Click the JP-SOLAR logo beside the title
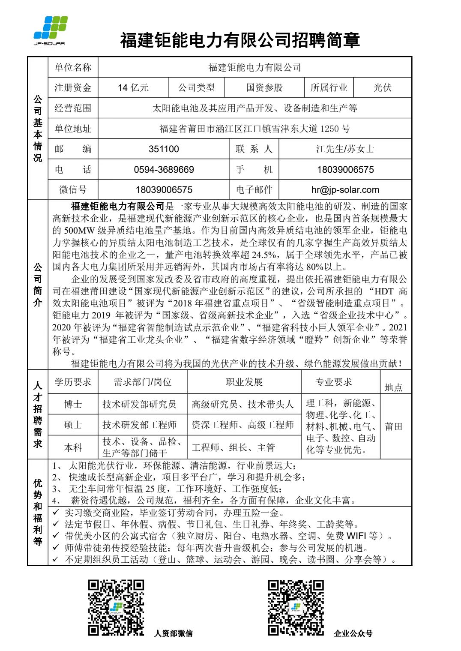(x=51, y=30)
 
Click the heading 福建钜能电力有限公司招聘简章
(x=240, y=40)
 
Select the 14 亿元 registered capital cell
(x=133, y=88)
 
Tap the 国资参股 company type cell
(x=264, y=88)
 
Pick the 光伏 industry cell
(x=382, y=88)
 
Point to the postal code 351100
(x=164, y=149)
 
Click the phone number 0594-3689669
(x=164, y=170)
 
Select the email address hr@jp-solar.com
(x=345, y=190)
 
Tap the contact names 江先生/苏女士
(x=345, y=149)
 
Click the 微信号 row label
(x=73, y=190)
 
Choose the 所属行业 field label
(x=329, y=88)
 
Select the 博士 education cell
(x=73, y=404)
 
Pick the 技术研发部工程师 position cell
(x=139, y=425)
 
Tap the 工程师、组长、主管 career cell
(x=233, y=448)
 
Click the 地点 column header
(x=393, y=387)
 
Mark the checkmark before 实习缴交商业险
(x=56, y=512)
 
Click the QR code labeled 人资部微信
(x=116, y=607)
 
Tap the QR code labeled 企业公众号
(x=296, y=607)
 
